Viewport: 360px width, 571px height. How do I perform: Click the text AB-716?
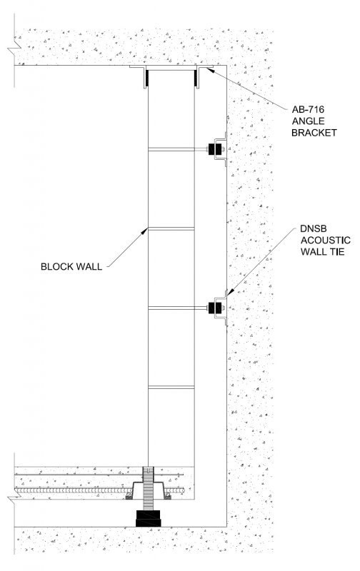(x=308, y=109)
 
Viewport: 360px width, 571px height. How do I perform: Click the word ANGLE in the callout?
(x=308, y=121)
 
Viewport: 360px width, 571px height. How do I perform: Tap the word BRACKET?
(x=314, y=133)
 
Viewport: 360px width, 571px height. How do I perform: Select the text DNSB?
(x=314, y=228)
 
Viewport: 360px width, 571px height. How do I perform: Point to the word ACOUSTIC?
(x=326, y=241)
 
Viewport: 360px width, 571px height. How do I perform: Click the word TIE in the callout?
(x=337, y=252)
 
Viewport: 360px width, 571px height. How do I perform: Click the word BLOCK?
(x=56, y=266)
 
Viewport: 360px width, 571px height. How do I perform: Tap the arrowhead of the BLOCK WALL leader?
(x=146, y=230)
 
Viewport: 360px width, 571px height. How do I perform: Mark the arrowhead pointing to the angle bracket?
(x=209, y=70)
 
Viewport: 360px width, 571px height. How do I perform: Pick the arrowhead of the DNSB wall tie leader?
(x=228, y=293)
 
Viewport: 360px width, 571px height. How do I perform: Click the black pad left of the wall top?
(x=147, y=79)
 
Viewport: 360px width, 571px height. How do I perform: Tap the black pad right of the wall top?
(x=195, y=79)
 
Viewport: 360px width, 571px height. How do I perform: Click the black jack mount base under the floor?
(x=149, y=518)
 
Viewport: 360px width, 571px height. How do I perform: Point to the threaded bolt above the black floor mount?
(x=149, y=488)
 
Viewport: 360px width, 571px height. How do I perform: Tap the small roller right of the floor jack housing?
(x=168, y=496)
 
